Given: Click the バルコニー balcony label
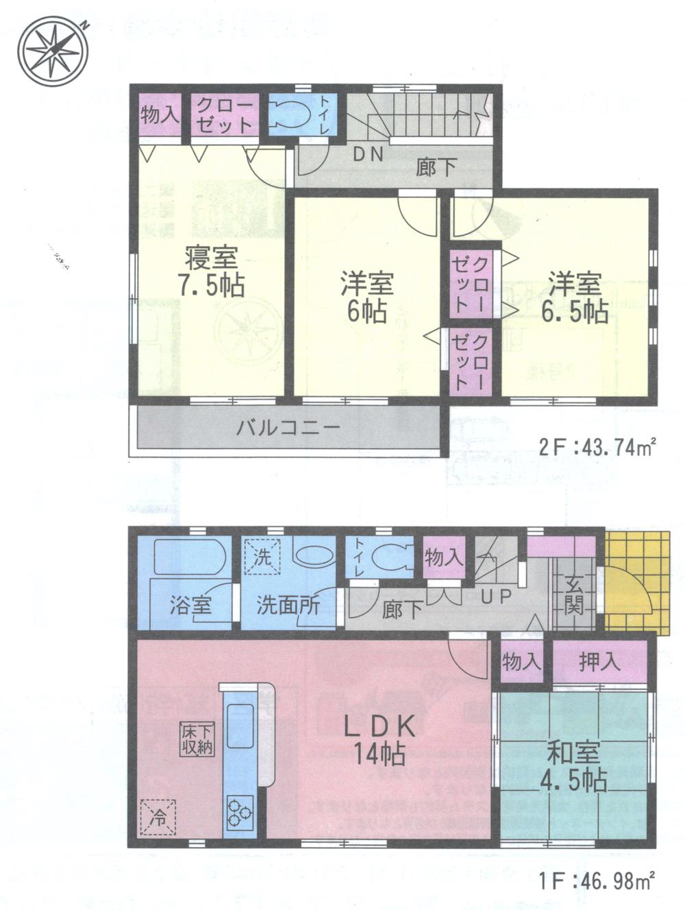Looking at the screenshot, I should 288,430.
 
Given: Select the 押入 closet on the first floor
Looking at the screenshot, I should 599,661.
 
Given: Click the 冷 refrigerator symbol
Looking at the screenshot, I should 158,817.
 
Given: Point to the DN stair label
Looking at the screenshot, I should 367,155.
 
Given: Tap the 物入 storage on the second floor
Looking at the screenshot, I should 160,114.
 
